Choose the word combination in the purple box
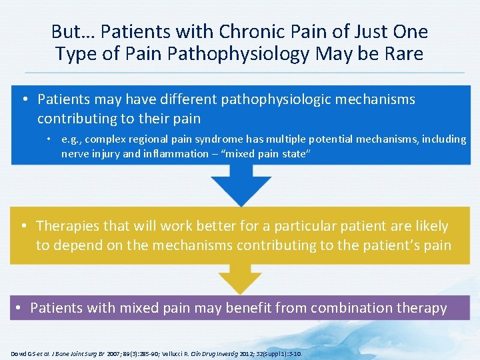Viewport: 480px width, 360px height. (x=341, y=308)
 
